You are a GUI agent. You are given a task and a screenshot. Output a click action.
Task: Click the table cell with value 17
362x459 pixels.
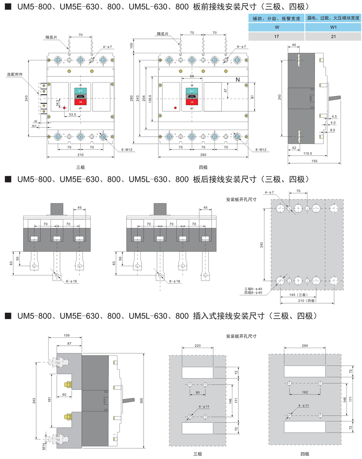(x=276, y=37)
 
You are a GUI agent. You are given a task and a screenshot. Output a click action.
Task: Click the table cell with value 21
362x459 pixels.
(x=333, y=37)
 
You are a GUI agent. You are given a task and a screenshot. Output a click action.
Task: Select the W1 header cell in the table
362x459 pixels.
(x=333, y=27)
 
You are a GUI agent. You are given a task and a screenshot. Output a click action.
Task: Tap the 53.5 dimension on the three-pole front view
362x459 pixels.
(x=72, y=114)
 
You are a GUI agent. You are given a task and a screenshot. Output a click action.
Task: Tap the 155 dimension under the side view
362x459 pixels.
(x=314, y=161)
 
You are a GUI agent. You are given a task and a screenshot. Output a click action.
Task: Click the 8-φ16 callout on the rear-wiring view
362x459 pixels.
(x=174, y=281)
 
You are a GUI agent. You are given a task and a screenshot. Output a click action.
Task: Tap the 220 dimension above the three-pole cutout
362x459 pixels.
(x=197, y=346)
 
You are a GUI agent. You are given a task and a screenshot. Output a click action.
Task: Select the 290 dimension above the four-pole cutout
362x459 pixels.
(x=305, y=346)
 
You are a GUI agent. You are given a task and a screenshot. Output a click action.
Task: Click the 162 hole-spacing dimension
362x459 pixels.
(x=305, y=392)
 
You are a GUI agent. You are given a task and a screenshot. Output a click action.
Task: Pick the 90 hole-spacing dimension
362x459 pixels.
(x=197, y=392)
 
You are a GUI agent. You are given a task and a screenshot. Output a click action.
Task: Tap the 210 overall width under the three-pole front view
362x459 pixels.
(x=80, y=155)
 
